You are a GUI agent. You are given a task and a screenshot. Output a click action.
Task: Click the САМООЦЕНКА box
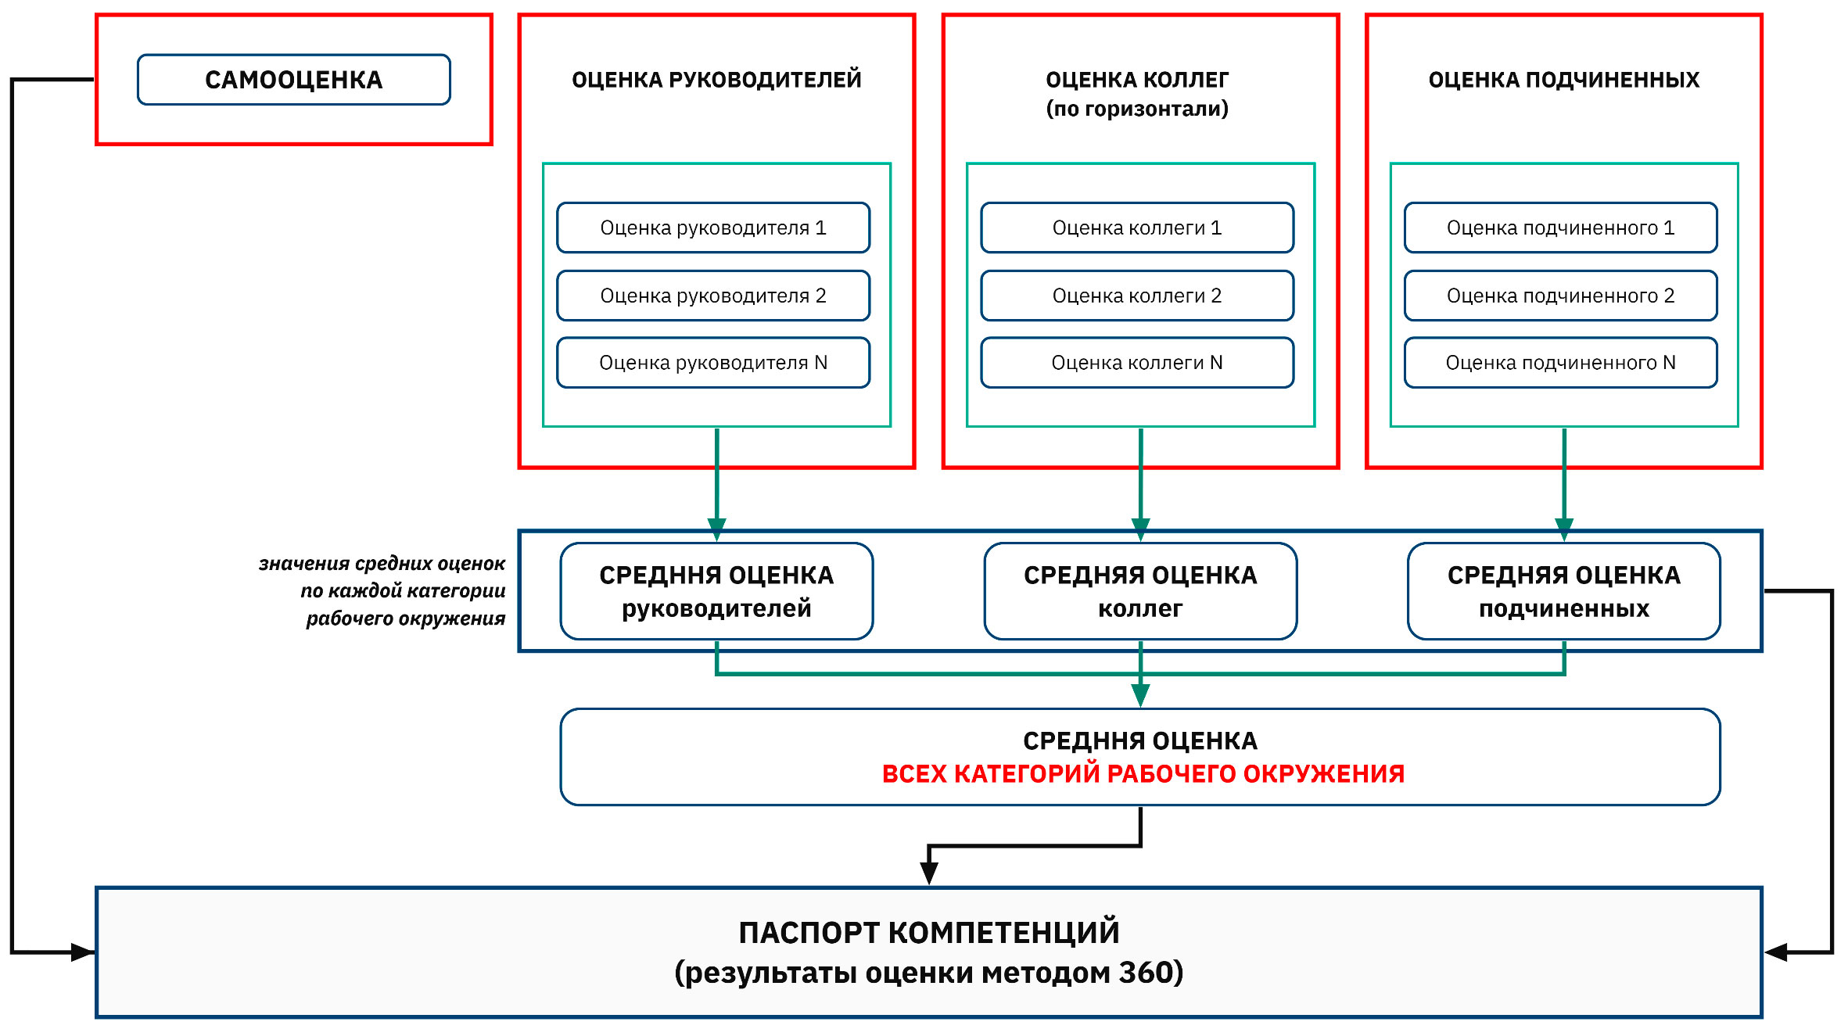pyautogui.click(x=293, y=80)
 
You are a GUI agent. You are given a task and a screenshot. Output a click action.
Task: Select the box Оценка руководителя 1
pyautogui.click(x=712, y=228)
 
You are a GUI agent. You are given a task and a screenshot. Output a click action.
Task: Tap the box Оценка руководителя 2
pyautogui.click(x=712, y=296)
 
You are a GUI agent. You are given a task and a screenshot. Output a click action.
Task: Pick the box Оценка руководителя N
pyautogui.click(x=712, y=363)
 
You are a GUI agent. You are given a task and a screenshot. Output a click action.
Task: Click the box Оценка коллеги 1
pyautogui.click(x=1136, y=228)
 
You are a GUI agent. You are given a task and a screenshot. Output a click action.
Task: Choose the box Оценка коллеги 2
pyautogui.click(x=1136, y=296)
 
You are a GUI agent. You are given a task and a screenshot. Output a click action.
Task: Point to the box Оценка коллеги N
pyautogui.click(x=1136, y=363)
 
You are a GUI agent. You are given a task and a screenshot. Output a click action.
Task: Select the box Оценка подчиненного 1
pyautogui.click(x=1560, y=228)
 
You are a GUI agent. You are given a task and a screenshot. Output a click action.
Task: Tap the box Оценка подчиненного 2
pyautogui.click(x=1560, y=296)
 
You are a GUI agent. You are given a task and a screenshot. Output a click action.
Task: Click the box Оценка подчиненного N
pyautogui.click(x=1560, y=363)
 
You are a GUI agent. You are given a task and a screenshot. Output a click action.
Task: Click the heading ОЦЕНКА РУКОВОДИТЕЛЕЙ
pyautogui.click(x=716, y=80)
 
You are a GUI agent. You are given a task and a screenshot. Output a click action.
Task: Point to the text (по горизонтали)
pyautogui.click(x=1137, y=109)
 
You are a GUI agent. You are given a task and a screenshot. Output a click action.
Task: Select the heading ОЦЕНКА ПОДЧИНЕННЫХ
pyautogui.click(x=1563, y=80)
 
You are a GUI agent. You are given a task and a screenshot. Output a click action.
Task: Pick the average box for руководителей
pyautogui.click(x=716, y=591)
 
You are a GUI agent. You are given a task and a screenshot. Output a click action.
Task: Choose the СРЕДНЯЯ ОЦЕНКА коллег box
pyautogui.click(x=1140, y=591)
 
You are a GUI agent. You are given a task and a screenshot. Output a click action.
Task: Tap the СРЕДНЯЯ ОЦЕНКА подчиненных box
pyautogui.click(x=1563, y=591)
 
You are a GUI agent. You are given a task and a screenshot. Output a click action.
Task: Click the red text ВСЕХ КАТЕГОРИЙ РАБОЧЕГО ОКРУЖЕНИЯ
pyautogui.click(x=1143, y=774)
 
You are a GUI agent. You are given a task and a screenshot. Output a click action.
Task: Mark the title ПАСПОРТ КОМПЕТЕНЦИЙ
pyautogui.click(x=928, y=933)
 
